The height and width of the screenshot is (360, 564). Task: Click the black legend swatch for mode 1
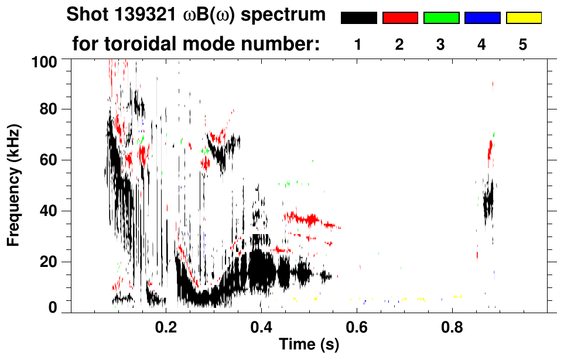point(358,18)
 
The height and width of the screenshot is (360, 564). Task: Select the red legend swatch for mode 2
point(400,18)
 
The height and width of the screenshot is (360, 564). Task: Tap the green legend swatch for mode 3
point(441,18)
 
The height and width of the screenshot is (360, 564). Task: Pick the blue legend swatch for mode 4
point(482,18)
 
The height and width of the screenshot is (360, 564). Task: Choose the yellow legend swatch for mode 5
point(523,18)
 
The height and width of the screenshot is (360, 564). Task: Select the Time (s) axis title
point(308,345)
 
